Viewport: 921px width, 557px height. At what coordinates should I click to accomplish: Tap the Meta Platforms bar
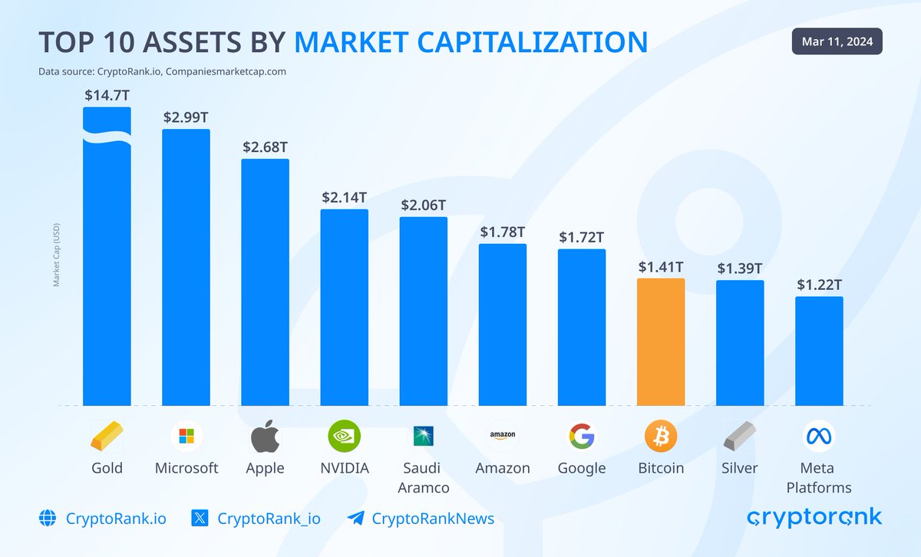[x=819, y=351]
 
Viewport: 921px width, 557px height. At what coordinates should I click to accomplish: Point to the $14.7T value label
[x=107, y=96]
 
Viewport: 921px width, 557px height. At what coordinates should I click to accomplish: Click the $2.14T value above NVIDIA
[x=344, y=198]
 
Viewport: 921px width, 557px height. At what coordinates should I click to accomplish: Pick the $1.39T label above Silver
[x=739, y=269]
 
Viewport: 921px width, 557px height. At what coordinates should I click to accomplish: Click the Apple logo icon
[x=266, y=437]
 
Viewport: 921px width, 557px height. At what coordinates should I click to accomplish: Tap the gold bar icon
[x=107, y=437]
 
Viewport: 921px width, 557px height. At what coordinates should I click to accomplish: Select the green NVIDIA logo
[x=344, y=437]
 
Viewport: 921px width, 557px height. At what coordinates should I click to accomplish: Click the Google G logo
[x=582, y=437]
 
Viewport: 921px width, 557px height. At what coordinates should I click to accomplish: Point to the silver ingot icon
[x=739, y=437]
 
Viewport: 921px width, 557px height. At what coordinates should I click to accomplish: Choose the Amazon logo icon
[x=503, y=436]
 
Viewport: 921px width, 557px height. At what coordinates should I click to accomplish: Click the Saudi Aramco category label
[x=424, y=477]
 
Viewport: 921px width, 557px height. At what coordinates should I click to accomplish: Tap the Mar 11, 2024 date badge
[x=837, y=41]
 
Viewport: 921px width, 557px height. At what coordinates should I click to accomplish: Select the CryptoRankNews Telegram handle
[x=433, y=519]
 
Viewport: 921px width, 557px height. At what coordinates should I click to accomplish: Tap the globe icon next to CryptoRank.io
[x=48, y=519]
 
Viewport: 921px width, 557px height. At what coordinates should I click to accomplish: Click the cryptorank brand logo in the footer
[x=814, y=518]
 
